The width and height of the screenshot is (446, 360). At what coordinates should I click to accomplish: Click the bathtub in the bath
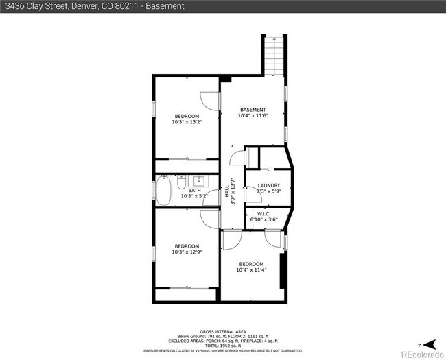tap(163, 191)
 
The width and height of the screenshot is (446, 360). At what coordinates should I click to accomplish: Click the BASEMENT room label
tap(253, 110)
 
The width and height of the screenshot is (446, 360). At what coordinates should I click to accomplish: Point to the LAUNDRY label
tap(268, 186)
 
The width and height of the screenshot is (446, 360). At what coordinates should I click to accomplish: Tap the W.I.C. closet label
tap(263, 213)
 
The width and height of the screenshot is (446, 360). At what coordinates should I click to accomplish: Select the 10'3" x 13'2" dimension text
tap(187, 122)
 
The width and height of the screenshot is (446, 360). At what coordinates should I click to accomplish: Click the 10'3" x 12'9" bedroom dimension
tap(187, 252)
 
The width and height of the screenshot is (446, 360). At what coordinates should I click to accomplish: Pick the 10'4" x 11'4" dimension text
tap(251, 270)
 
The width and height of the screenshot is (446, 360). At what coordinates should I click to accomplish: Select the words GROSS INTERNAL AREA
tap(222, 331)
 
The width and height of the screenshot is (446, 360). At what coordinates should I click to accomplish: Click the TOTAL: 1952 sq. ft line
tap(222, 345)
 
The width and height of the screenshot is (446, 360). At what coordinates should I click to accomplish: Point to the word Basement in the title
tap(165, 6)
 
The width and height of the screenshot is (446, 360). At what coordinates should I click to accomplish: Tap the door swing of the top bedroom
tap(210, 101)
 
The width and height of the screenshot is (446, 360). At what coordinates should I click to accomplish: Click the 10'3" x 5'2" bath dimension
tap(194, 196)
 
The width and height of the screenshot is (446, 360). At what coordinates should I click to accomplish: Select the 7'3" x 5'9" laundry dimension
tap(268, 192)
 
